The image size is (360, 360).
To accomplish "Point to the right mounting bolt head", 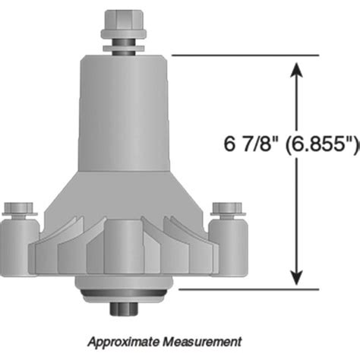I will tap(226, 207).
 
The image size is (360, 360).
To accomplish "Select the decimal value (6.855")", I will tap(320, 144).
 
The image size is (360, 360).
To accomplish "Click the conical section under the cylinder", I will tap(122, 190).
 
